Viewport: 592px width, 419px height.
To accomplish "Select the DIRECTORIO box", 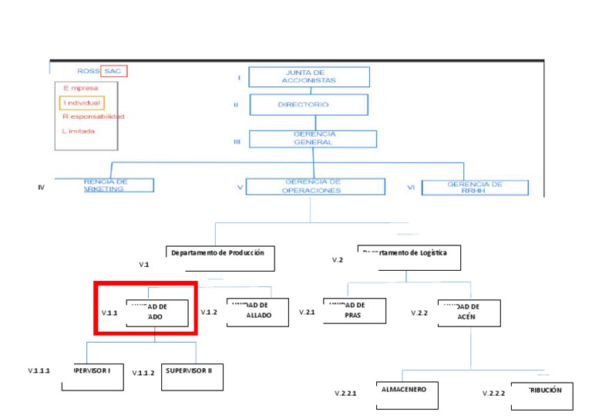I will [308, 104].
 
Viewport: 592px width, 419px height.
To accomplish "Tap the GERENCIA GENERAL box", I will [314, 138].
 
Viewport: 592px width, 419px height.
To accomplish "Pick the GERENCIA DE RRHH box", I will [475, 188].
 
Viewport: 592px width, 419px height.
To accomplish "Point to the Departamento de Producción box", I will [220, 258].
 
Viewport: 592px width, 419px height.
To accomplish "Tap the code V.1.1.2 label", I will [143, 373].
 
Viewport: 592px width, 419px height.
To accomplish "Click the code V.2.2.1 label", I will [345, 394].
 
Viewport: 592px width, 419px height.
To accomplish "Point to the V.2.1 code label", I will [307, 313].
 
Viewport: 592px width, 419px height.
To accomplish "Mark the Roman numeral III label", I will [237, 141].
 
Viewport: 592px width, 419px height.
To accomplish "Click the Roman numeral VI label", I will [411, 187].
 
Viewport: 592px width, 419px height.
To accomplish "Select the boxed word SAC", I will [114, 71].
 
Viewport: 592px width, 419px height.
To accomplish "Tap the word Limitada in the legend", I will [80, 130].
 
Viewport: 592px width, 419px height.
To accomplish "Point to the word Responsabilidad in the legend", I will [92, 117].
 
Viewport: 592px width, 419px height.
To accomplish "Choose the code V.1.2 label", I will [209, 313].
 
